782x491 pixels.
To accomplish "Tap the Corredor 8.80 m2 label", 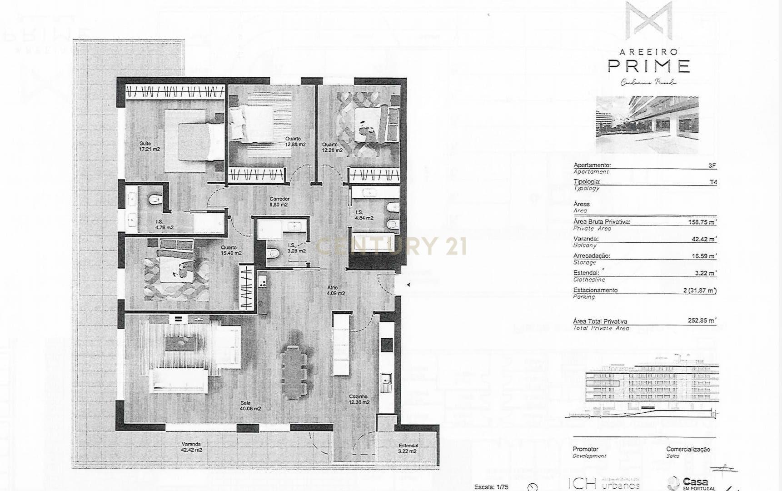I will pyautogui.click(x=279, y=202).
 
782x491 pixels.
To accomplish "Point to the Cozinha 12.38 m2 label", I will pyautogui.click(x=359, y=399).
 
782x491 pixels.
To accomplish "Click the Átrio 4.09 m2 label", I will pyautogui.click(x=335, y=291).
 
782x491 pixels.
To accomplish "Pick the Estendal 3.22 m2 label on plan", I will pyautogui.click(x=408, y=448).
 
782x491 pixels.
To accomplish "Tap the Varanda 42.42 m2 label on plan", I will pyautogui.click(x=191, y=447).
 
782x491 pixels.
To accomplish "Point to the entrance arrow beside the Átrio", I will pyautogui.click(x=408, y=285).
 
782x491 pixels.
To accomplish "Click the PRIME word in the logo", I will pyautogui.click(x=648, y=66).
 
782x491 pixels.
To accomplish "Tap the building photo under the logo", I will pyautogui.click(x=647, y=124).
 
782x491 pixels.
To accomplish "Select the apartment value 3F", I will pyautogui.click(x=712, y=166).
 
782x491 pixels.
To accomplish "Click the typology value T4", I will pyautogui.click(x=713, y=182).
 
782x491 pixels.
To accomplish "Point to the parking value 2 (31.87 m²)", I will pyautogui.click(x=699, y=291).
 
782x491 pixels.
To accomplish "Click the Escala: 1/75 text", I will pyautogui.click(x=491, y=487).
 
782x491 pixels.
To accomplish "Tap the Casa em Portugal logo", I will pyautogui.click(x=691, y=483).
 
